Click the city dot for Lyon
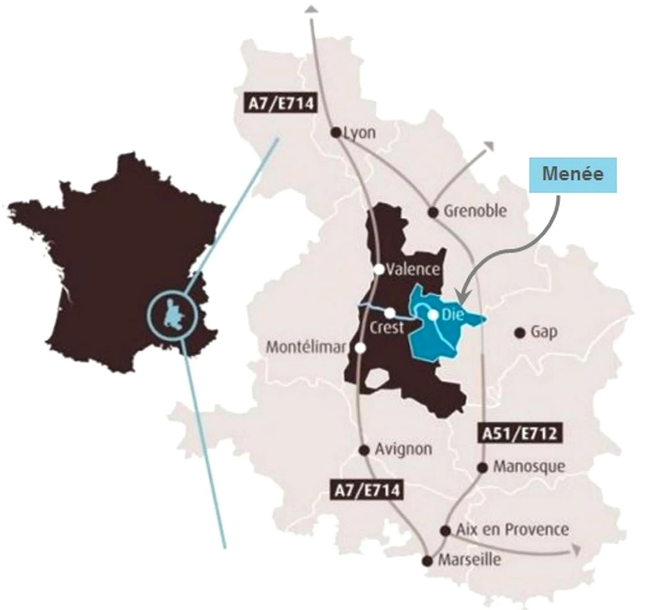click(336, 133)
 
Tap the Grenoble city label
click(475, 211)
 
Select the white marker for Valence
click(379, 270)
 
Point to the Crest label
click(386, 328)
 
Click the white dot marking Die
click(433, 315)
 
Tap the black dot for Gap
click(520, 333)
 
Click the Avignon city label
click(403, 449)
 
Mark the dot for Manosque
click(482, 468)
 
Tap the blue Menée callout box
click(573, 175)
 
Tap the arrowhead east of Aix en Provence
click(576, 550)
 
